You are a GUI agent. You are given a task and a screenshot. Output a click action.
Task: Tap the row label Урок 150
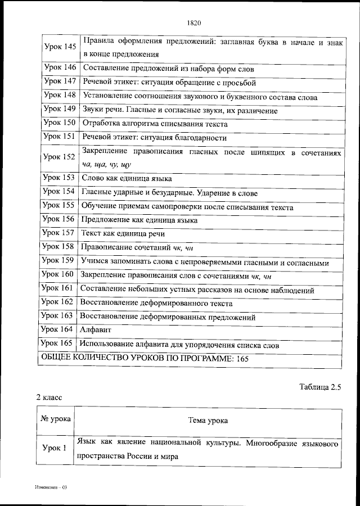[x=59, y=123]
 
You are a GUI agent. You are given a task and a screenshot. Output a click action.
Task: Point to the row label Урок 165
[x=57, y=344]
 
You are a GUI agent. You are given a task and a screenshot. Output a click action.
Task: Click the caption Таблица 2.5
[x=321, y=387]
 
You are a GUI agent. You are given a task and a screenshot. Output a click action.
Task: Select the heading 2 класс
[x=49, y=397]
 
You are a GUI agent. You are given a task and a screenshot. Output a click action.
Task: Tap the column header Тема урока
[x=208, y=420]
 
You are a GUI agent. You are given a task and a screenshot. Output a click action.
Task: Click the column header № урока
[x=55, y=419]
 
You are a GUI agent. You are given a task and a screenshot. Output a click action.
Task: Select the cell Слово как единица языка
[x=127, y=178]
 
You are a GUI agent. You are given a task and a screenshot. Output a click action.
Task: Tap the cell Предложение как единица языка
[x=139, y=220]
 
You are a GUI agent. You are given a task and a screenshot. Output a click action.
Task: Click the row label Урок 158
[x=59, y=246]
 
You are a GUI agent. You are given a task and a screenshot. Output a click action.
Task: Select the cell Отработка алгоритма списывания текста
[x=155, y=124]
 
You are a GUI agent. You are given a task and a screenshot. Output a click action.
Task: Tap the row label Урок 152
[x=59, y=157]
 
